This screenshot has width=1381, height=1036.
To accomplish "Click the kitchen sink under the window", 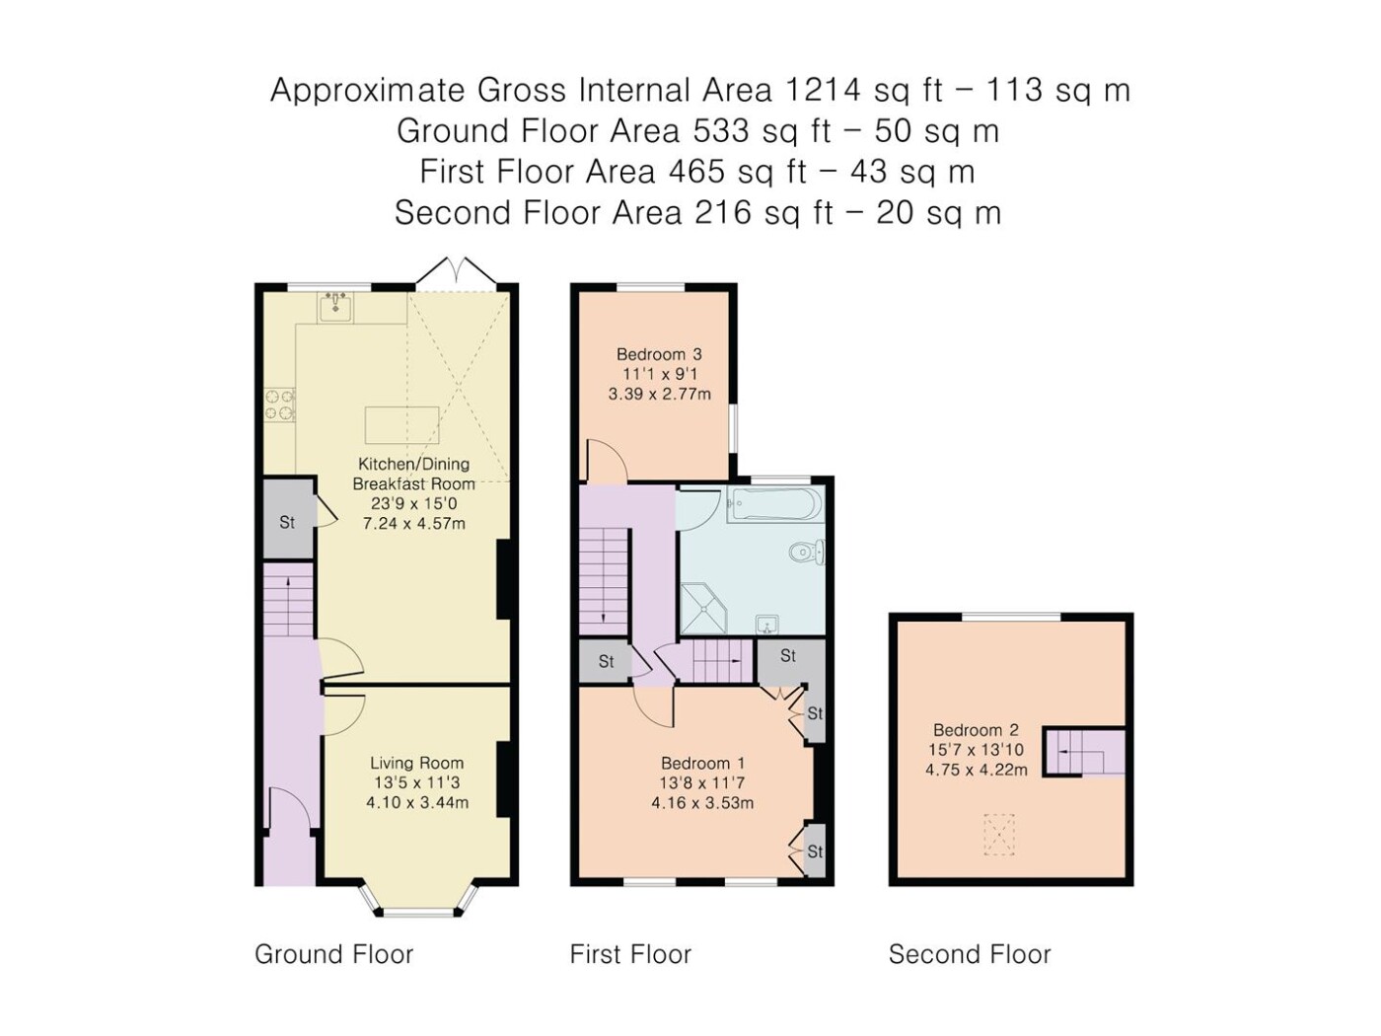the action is click(x=334, y=307).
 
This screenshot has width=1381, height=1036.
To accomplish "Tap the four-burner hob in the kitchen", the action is click(x=279, y=405).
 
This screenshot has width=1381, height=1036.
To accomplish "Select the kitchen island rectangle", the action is click(x=401, y=425).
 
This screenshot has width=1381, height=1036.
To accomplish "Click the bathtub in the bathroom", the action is click(x=775, y=504).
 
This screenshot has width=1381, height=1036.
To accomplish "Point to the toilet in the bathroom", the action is click(x=807, y=552).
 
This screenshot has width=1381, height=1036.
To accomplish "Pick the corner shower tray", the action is click(x=703, y=608).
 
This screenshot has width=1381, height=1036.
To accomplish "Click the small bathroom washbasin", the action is click(x=766, y=624).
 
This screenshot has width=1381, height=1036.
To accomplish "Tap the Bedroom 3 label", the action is click(x=659, y=354).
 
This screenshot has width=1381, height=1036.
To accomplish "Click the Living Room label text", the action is click(x=416, y=763).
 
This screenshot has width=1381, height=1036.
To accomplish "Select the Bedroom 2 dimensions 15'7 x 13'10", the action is click(x=976, y=750).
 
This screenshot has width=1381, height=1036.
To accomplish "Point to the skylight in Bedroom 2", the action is click(x=999, y=835).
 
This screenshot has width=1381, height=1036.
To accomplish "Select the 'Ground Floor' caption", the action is click(x=333, y=954).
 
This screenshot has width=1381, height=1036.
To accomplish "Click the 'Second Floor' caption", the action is click(x=970, y=954).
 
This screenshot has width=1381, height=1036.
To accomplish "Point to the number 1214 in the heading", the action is click(x=823, y=90).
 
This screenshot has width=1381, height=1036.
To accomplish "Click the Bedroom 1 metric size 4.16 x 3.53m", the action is click(x=702, y=803).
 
